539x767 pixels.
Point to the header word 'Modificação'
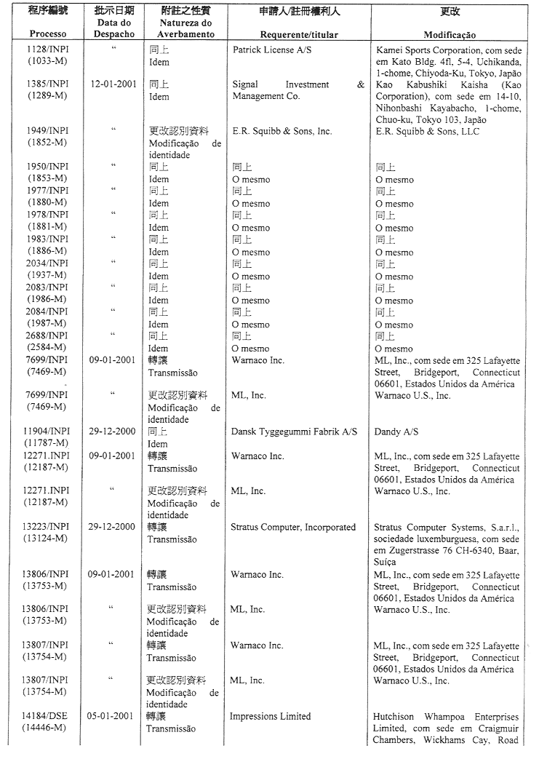point(450,35)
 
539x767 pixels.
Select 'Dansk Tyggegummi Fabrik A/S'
point(295,432)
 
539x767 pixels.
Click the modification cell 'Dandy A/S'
point(396,432)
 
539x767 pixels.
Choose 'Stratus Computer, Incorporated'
point(292,527)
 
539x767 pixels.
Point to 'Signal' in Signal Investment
point(246,84)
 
